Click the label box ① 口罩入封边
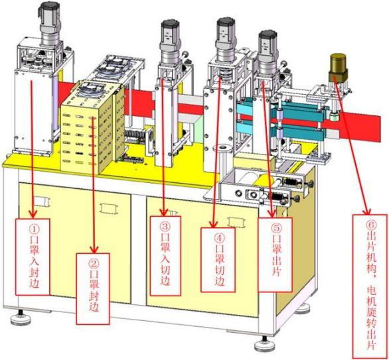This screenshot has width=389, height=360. coord(33,257)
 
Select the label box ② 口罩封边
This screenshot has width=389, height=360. coord(93,288)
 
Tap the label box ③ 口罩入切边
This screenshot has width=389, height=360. coord(165,256)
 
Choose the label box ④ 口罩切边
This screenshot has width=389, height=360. coord(218,260)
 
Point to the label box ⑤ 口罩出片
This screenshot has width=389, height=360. coord(275,255)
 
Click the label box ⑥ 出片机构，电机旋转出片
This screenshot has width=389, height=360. coord(370,286)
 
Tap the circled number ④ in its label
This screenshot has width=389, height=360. coord(219,238)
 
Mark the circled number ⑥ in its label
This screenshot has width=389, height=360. coord(371,225)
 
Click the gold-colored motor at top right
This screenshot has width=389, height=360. coord(338,68)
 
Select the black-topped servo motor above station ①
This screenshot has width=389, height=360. coord(50,24)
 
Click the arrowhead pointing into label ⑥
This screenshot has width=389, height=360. coord(366,210)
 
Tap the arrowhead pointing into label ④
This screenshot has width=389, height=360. coord(213,223)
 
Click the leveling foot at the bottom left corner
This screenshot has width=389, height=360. coord(21,318)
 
